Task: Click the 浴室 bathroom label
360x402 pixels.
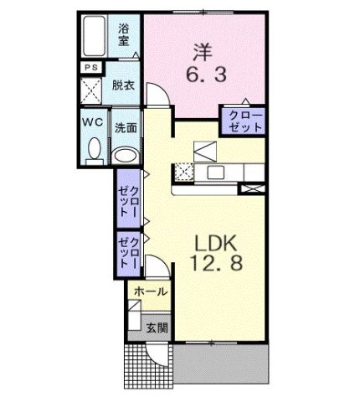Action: [x=125, y=33]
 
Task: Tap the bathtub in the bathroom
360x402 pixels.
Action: [x=95, y=36]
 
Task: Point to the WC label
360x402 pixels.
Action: [x=92, y=122]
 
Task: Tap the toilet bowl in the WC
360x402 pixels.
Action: [x=93, y=150]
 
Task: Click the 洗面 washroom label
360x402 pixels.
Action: [x=126, y=129]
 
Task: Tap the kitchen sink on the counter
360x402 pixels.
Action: [x=216, y=172]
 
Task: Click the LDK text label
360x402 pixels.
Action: [x=217, y=244]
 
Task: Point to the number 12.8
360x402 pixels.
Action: [x=217, y=268]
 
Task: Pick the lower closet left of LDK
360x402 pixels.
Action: [x=128, y=253]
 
